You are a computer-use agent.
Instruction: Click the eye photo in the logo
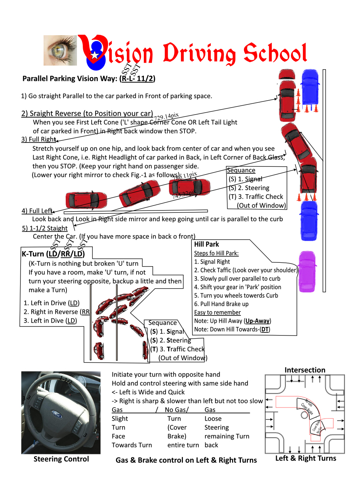click(x=60, y=50)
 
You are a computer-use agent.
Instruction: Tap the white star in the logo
click(x=94, y=55)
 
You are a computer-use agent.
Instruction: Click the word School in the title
click(x=275, y=54)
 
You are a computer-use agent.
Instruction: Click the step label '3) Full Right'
click(x=39, y=139)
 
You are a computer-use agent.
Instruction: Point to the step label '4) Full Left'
click(x=37, y=211)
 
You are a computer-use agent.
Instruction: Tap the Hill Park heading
click(x=206, y=244)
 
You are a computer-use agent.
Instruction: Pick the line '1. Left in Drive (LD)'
click(x=51, y=303)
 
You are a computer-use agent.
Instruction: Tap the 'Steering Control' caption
click(x=61, y=459)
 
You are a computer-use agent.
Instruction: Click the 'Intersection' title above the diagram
click(x=305, y=370)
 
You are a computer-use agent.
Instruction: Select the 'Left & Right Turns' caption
click(x=305, y=458)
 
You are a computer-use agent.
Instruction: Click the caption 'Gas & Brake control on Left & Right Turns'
click(x=186, y=460)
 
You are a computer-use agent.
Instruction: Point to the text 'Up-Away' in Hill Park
click(x=258, y=321)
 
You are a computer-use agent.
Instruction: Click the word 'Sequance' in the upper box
click(x=241, y=170)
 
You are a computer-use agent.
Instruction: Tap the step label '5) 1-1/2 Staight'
click(x=44, y=228)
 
